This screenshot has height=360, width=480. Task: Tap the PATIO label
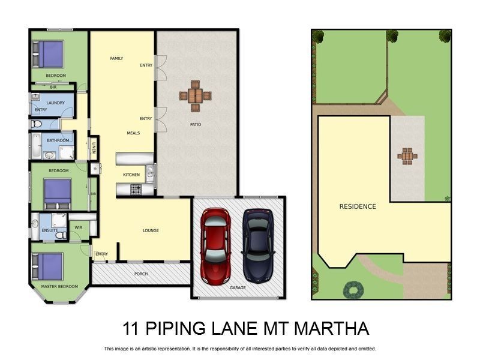196,125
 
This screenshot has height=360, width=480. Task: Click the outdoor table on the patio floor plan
195,95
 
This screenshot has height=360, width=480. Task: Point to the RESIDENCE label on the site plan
358,206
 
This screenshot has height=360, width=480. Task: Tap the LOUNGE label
151,230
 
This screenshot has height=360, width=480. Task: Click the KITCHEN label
131,175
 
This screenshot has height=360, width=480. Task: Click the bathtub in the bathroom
36,145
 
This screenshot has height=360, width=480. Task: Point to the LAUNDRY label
55,103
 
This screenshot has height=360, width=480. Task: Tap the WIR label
79,227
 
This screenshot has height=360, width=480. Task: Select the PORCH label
140,274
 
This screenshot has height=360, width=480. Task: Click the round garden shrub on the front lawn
353,290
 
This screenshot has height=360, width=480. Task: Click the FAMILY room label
116,58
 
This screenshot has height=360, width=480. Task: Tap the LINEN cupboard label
94,147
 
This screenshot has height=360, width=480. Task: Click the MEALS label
133,133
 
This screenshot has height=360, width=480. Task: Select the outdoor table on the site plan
407,156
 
